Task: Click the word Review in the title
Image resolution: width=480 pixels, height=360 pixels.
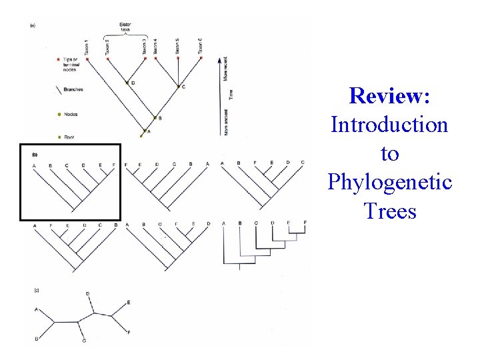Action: (389, 96)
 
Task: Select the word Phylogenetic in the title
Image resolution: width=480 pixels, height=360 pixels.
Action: (389, 182)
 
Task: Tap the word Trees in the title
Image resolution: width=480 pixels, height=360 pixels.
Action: (390, 211)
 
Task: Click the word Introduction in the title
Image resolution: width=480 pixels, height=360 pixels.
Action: (389, 125)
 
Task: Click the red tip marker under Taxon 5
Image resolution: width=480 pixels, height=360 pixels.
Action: (178, 59)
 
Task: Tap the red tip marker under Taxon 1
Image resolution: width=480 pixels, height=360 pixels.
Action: (87, 59)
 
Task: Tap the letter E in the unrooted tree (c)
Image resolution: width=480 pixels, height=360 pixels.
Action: (129, 303)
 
